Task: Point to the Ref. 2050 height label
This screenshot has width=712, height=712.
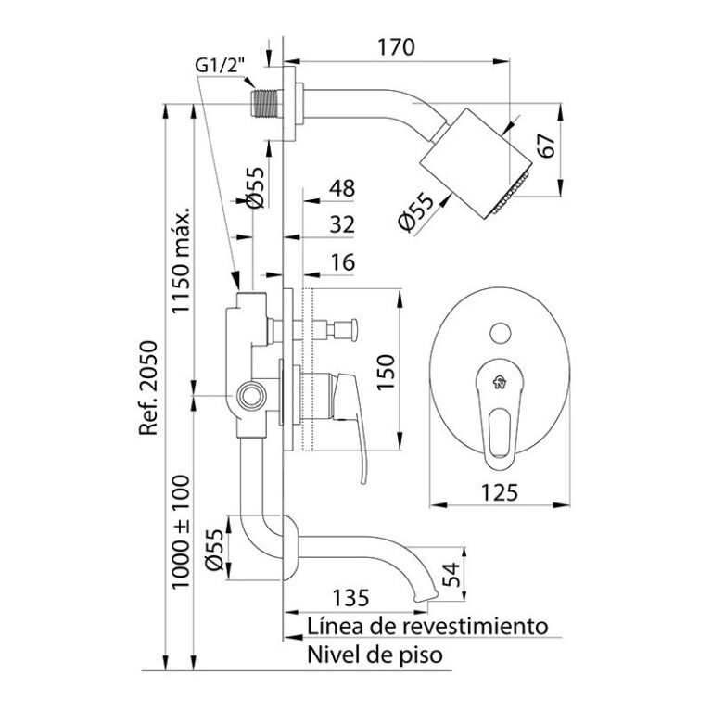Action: (x=149, y=389)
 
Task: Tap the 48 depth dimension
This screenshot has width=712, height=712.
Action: (x=342, y=189)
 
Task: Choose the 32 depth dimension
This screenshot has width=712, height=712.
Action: (x=342, y=225)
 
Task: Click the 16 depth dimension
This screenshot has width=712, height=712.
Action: (x=342, y=263)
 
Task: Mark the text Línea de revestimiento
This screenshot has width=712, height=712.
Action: (x=426, y=627)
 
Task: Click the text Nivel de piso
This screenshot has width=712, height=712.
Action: (x=375, y=655)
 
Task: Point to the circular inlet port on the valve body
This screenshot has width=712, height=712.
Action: (x=248, y=397)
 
